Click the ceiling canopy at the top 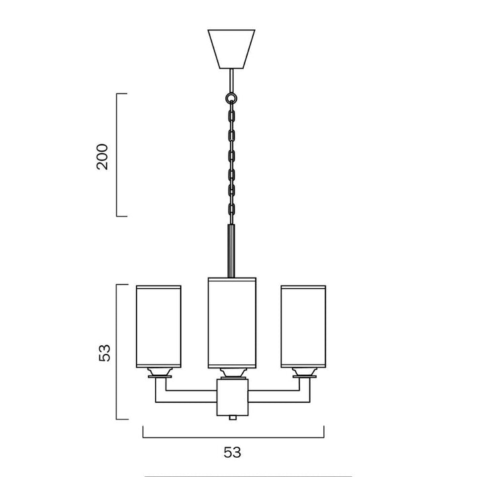point(231,48)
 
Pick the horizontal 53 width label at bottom point(232,453)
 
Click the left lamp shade point(159,326)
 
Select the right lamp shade point(303,326)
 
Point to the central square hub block point(231,397)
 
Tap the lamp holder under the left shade point(159,373)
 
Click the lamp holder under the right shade point(303,373)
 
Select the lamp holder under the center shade point(231,372)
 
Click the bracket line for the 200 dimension point(117,155)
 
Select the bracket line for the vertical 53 point(117,352)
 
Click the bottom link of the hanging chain point(231,209)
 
